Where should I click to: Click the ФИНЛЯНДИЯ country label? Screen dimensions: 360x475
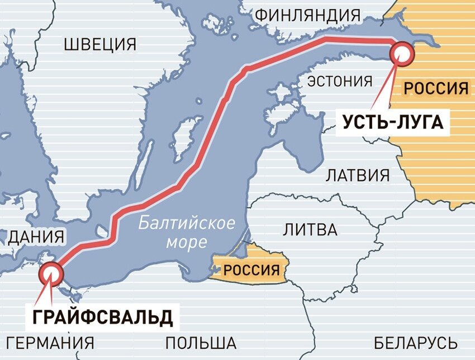307,15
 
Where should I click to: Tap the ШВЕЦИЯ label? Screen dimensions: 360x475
100,44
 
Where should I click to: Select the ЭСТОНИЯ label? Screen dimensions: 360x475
340,82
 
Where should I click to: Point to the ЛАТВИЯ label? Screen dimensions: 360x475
358,175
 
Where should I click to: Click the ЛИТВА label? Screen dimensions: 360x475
310,229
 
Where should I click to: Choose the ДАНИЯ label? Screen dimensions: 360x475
36,236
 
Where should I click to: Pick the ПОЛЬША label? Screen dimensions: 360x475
201,342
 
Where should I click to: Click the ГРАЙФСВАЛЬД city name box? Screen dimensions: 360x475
100,316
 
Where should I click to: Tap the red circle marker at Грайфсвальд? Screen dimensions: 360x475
52,273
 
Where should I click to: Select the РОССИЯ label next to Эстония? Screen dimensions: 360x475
435,88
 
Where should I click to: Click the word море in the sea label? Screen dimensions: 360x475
186,242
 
